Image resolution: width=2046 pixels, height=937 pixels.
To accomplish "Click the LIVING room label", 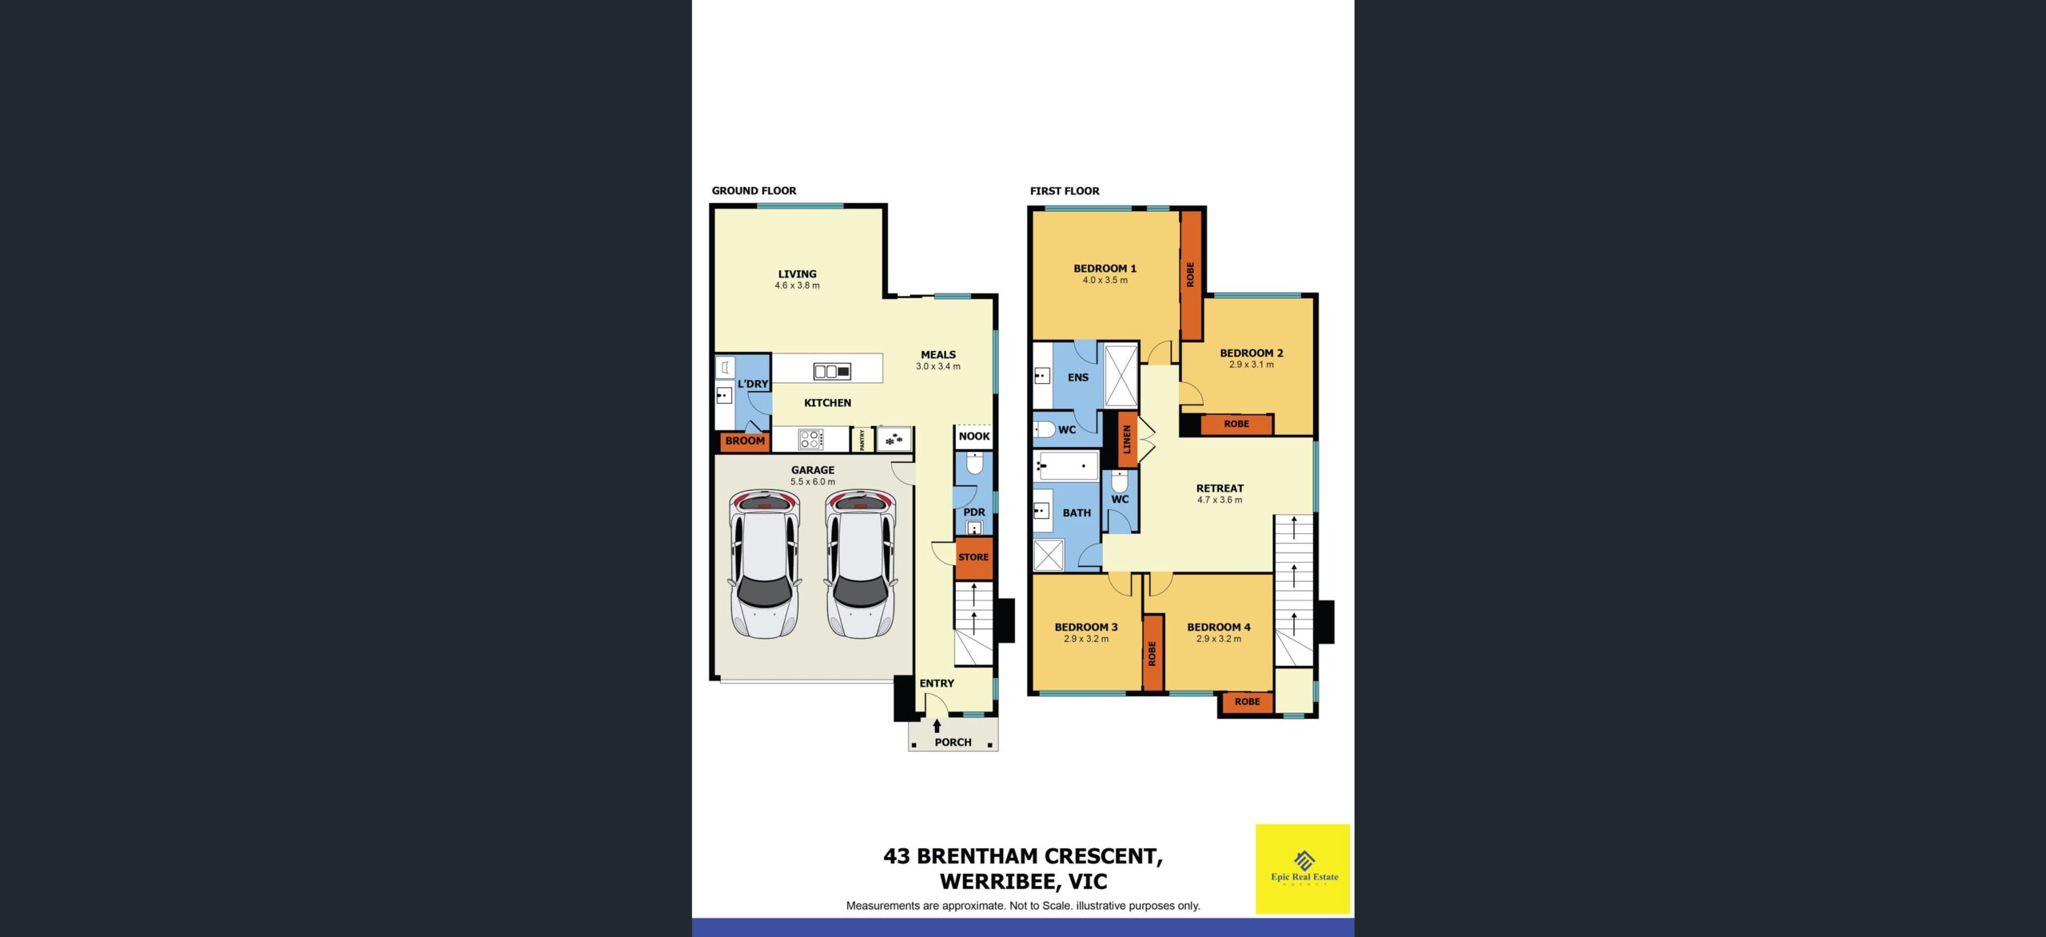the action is pos(797,274).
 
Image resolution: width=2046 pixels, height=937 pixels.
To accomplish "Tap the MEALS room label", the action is pos(938,355).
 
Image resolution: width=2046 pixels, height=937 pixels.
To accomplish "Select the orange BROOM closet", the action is pos(745,441).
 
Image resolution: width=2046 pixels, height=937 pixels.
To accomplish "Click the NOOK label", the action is pos(974,437).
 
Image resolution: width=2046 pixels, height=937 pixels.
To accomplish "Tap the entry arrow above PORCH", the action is pos(937,726).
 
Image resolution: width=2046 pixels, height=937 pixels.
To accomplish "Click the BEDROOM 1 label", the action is pos(1105,269).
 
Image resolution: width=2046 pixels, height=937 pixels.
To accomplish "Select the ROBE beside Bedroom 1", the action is pos(1191,275).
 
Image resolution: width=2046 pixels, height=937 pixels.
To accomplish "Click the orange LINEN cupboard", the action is pos(1127,440).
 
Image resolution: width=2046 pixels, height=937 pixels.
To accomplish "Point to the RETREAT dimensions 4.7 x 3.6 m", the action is pos(1220,500).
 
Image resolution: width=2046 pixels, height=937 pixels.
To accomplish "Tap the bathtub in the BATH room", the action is pos(1066,465).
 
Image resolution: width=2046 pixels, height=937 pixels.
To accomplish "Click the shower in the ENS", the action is pos(1121,375).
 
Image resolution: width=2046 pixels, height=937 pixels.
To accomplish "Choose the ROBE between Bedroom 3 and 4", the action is pos(1152,653).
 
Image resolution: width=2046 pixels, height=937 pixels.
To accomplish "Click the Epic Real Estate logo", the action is pos(1303,869).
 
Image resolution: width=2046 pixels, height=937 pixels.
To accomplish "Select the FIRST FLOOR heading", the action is pos(1065,191).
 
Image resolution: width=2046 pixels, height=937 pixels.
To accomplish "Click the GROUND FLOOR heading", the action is pos(754,191).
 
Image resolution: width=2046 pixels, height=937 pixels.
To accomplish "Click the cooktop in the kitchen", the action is pos(810,439).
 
